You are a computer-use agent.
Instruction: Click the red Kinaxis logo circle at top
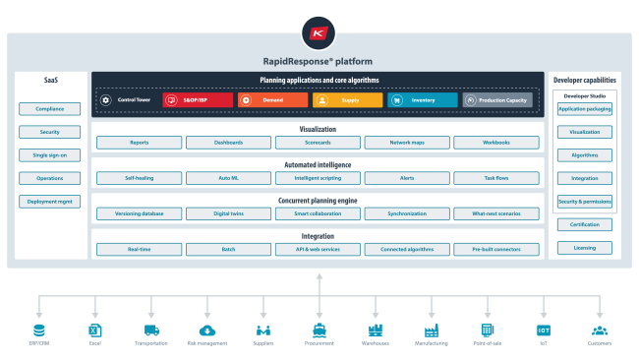(319, 33)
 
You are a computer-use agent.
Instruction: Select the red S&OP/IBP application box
(198, 100)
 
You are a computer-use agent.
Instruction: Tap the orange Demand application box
(272, 100)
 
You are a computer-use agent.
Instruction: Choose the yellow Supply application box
(347, 100)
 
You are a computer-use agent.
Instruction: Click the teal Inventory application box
(422, 100)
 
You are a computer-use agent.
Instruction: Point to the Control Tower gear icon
(107, 100)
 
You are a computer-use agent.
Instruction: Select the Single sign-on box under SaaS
(43, 155)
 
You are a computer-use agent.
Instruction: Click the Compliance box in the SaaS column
(43, 109)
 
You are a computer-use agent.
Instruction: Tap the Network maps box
(407, 143)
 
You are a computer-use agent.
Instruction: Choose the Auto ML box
(228, 178)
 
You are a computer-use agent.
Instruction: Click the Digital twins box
(228, 213)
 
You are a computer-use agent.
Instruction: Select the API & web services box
(318, 249)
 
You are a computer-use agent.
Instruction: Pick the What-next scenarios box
(496, 213)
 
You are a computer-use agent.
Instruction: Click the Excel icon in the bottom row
(95, 330)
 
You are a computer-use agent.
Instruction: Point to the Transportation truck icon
(151, 330)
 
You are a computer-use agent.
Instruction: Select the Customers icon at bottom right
(599, 330)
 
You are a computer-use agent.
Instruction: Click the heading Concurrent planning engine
(318, 200)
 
